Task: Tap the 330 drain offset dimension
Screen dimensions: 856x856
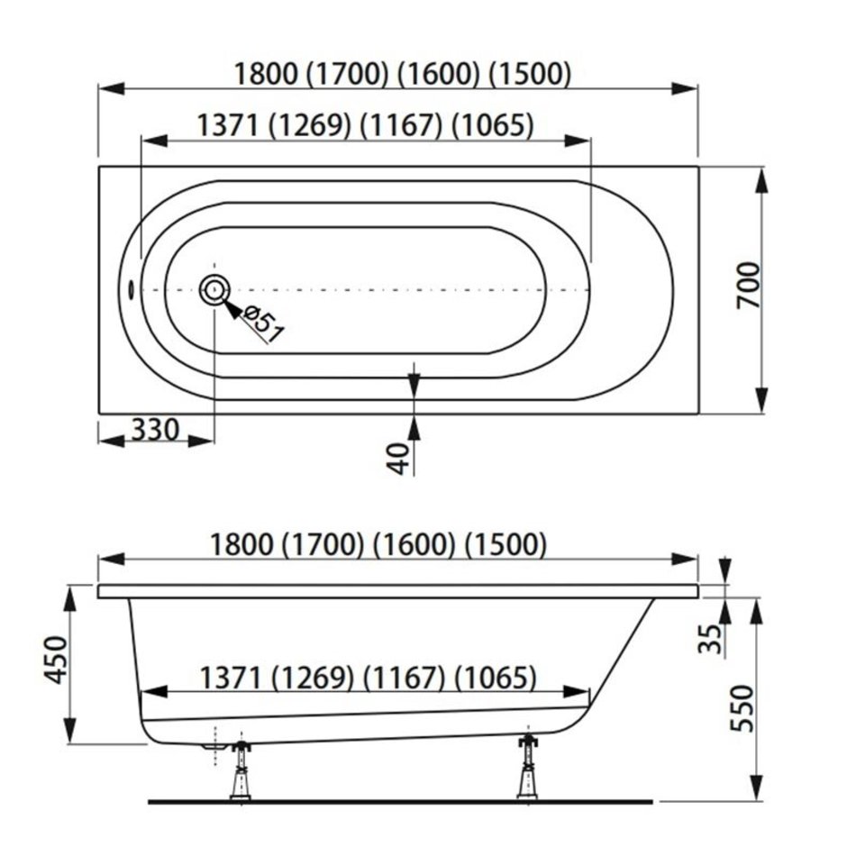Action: click(155, 430)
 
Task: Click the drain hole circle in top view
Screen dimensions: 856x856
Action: click(214, 290)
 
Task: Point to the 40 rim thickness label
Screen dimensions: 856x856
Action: click(400, 458)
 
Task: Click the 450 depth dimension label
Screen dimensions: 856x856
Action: click(56, 660)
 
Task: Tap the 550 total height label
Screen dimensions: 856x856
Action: click(742, 708)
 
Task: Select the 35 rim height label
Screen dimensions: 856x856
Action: click(710, 639)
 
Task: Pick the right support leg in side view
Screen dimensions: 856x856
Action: click(528, 767)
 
